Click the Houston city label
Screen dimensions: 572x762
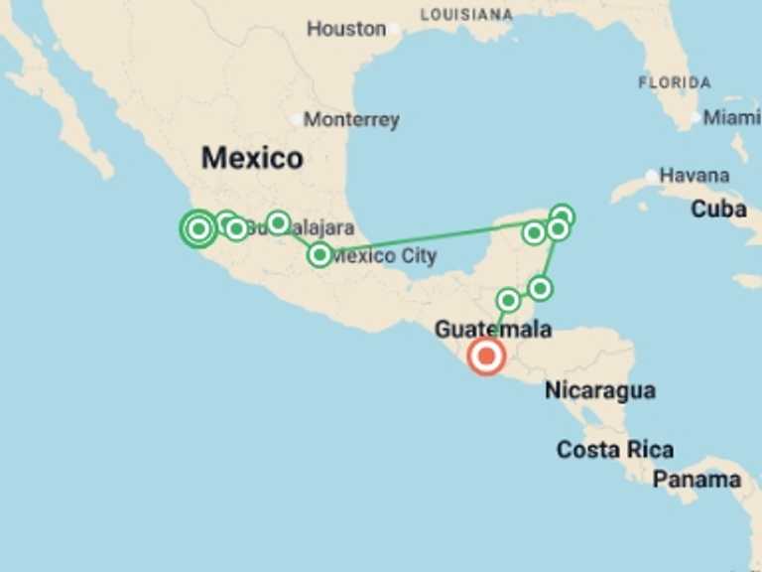point(345,29)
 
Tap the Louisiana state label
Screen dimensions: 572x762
point(466,15)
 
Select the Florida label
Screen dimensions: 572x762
point(675,82)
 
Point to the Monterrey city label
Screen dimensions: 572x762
point(351,120)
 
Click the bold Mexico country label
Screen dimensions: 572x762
point(252,158)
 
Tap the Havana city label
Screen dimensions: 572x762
point(694,175)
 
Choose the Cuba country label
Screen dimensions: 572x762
point(718,210)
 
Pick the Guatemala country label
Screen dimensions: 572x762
point(493,329)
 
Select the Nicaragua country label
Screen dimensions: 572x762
point(600,390)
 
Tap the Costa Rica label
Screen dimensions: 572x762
point(615,449)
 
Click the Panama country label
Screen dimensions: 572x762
point(697,480)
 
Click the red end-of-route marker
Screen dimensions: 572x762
point(486,356)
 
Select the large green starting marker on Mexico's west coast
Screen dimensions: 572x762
point(198,229)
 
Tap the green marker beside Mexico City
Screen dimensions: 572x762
point(319,255)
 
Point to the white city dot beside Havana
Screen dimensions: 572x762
point(651,176)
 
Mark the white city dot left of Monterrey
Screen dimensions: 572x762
point(296,120)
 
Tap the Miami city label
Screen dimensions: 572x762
point(732,118)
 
